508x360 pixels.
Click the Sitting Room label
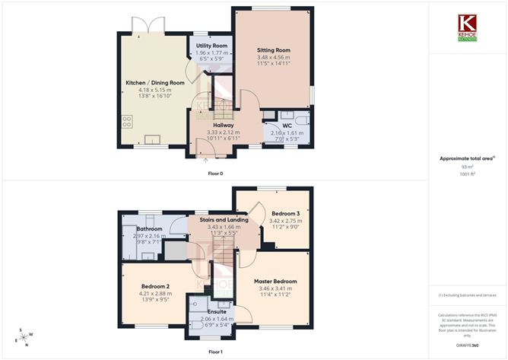coord(273,50)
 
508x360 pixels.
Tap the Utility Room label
coord(211,46)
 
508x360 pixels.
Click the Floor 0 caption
coord(215,174)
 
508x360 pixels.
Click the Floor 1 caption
coord(215,352)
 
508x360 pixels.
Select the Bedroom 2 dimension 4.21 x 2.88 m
coord(154,293)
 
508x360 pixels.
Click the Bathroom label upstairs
coord(149,228)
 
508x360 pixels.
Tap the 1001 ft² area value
coord(467,174)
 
